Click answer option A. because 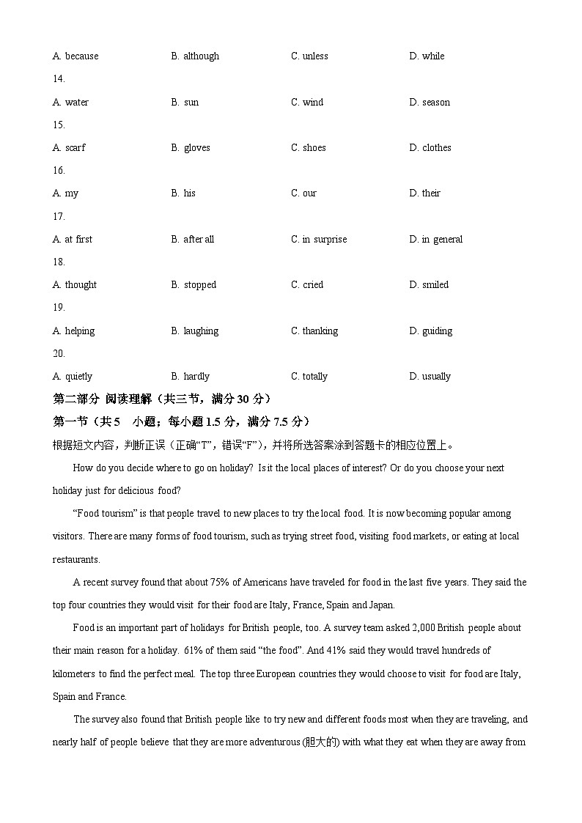(75, 56)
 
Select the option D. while (427, 56)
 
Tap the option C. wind (307, 103)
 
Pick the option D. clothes (430, 148)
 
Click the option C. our (304, 193)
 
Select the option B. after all (193, 240)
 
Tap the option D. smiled (429, 285)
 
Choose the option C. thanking (314, 331)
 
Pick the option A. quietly (73, 377)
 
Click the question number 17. (59, 216)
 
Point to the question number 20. (59, 353)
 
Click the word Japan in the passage (382, 605)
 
